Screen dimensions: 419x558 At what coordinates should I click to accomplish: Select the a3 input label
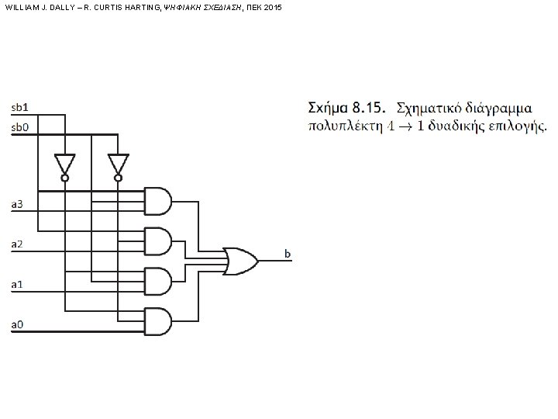point(17,205)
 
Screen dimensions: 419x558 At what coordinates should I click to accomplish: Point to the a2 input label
point(17,244)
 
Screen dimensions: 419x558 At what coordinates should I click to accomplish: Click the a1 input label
point(17,284)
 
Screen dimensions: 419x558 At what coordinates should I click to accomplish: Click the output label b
point(288,254)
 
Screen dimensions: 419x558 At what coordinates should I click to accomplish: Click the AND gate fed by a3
point(158,200)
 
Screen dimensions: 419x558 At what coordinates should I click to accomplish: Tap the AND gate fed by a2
point(158,241)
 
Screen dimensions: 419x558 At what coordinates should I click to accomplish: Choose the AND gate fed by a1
point(158,281)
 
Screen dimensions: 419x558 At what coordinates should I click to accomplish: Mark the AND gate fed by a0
point(158,320)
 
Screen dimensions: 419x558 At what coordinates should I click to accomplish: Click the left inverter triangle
point(64,164)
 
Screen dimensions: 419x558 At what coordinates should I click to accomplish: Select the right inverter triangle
point(118,164)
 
